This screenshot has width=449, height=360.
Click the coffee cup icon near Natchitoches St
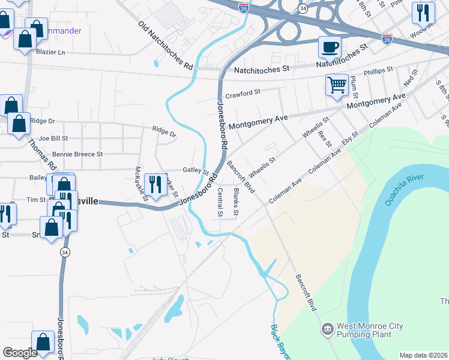coord(329,47)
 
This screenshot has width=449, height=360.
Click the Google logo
coord(20,353)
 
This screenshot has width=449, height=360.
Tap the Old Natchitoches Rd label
coord(166,46)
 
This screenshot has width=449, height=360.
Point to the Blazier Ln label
coord(50,52)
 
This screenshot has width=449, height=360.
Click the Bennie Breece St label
coord(77,154)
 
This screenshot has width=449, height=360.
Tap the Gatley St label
coord(195,171)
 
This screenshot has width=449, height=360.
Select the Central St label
coord(220,202)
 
